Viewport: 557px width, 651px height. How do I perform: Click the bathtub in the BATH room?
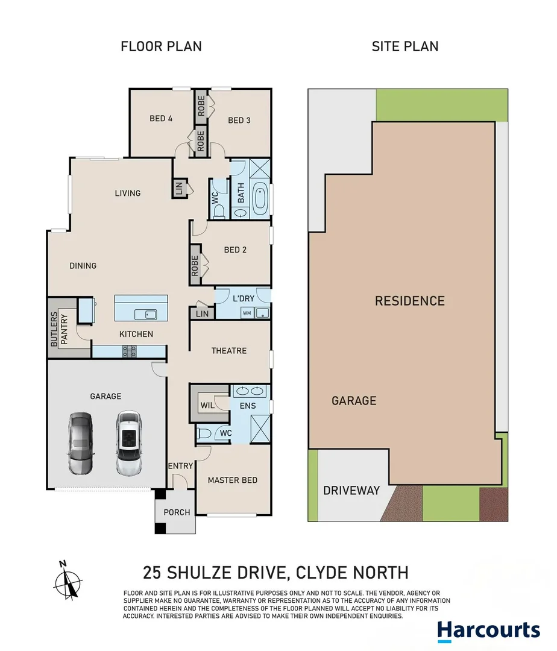click(260, 198)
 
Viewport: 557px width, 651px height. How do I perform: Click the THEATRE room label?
click(228, 350)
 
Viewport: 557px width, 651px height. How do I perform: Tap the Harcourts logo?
click(488, 631)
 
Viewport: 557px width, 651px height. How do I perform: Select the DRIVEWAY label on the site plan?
click(351, 490)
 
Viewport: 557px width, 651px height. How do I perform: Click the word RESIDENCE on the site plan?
click(409, 301)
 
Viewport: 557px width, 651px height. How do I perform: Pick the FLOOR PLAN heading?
click(161, 46)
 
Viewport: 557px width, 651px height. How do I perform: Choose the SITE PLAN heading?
click(404, 46)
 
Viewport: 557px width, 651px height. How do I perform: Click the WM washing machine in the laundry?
click(247, 313)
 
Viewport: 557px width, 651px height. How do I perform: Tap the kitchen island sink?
click(146, 314)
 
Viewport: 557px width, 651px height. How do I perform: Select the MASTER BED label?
click(232, 480)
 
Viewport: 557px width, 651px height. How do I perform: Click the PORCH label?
click(177, 512)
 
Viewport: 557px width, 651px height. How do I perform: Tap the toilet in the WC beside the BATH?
click(219, 209)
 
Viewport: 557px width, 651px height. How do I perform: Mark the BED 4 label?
click(161, 119)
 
